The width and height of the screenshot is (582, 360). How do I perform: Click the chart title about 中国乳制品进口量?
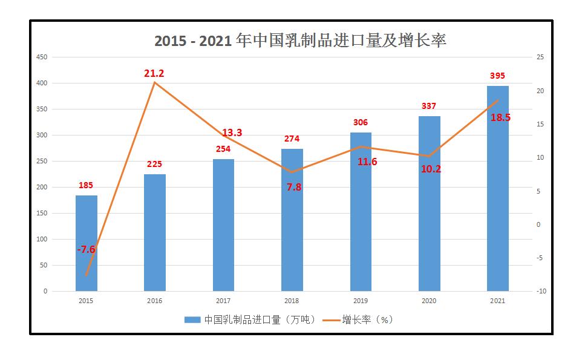tap(300, 40)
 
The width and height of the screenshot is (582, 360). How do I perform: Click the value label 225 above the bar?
tap(154, 164)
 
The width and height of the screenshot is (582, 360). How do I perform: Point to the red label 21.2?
tap(154, 73)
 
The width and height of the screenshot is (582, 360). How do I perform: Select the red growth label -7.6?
tap(86, 249)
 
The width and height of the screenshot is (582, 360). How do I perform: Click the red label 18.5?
tap(500, 117)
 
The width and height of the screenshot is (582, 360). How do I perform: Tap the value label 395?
tap(497, 76)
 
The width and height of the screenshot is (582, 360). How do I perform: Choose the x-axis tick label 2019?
tap(361, 300)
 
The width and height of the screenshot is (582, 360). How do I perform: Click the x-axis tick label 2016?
tap(154, 300)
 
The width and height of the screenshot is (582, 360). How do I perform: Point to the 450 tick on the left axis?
tap(42, 57)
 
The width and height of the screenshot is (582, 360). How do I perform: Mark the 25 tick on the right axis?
tap(540, 57)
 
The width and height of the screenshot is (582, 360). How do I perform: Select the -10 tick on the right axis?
tap(541, 291)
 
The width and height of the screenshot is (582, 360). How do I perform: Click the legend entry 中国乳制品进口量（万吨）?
tap(250, 319)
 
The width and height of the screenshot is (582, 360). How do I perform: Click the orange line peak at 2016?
tap(155, 82)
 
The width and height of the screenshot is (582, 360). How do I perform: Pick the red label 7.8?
tap(293, 187)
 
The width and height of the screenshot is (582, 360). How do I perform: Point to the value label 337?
tap(428, 106)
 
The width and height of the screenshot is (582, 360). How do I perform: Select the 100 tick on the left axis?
tap(42, 239)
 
